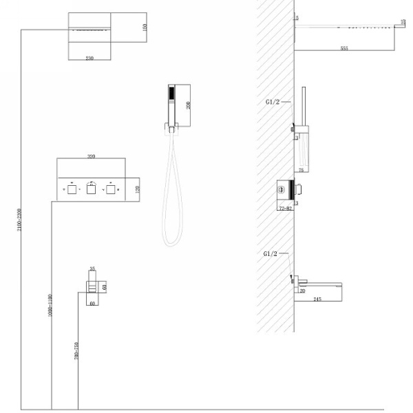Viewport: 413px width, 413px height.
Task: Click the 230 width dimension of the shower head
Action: pyautogui.click(x=89, y=59)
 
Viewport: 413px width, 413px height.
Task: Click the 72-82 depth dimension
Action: pyautogui.click(x=285, y=207)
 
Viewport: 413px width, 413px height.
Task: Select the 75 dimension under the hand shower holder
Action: pyautogui.click(x=301, y=167)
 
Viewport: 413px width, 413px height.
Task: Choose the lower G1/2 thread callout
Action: pyautogui.click(x=271, y=253)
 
